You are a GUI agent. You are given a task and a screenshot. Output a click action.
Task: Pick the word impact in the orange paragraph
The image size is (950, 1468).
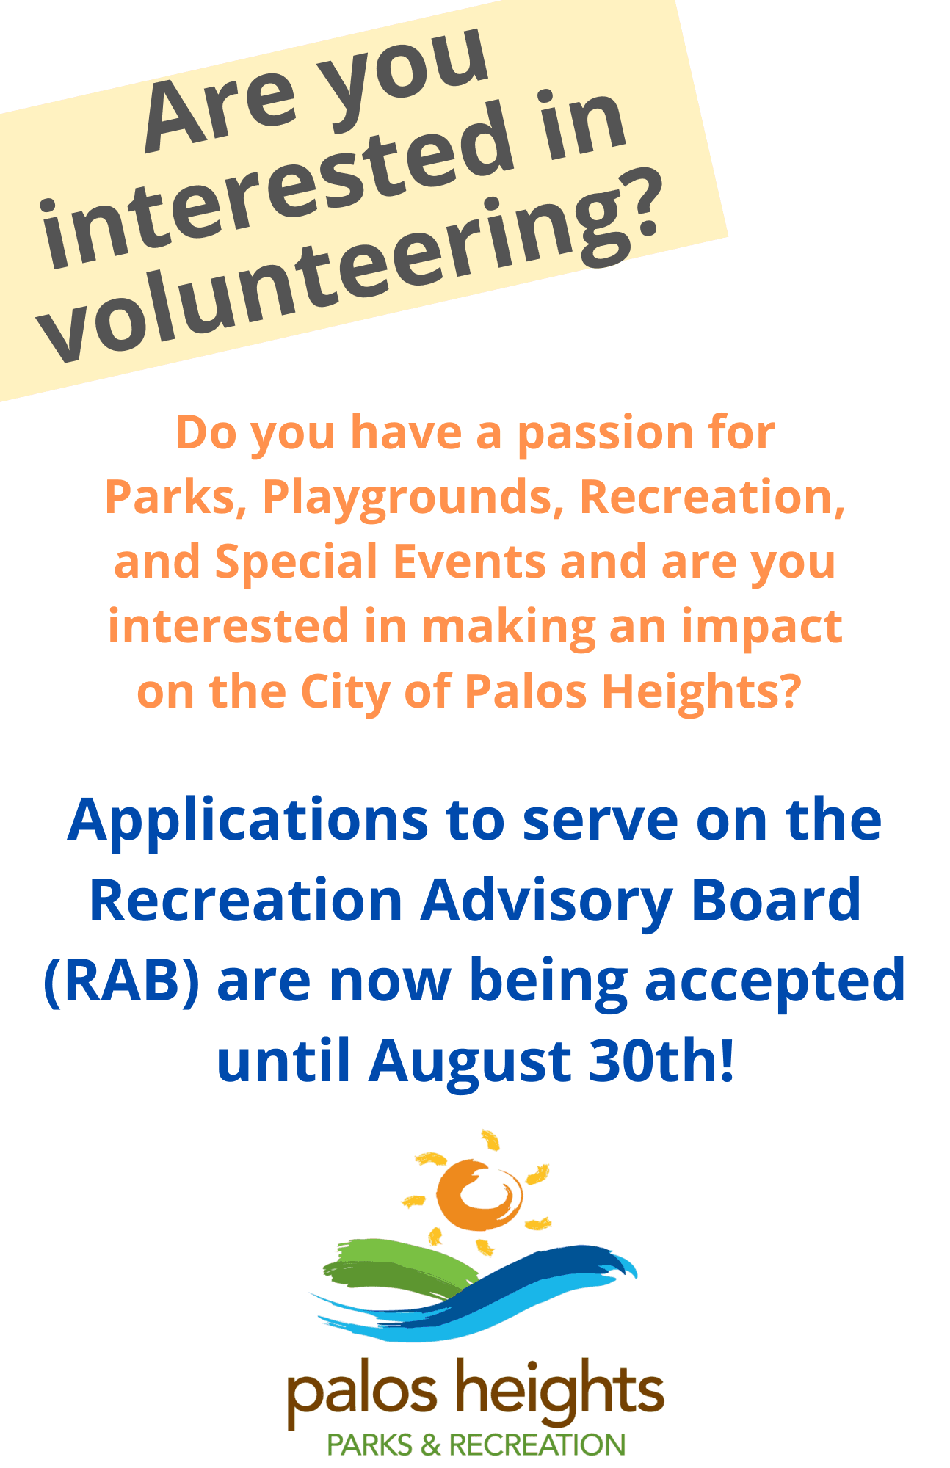[x=761, y=628]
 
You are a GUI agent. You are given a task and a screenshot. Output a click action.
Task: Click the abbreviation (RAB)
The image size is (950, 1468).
[x=121, y=982]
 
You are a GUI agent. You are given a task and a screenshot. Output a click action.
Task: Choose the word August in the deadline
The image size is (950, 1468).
[x=470, y=1063]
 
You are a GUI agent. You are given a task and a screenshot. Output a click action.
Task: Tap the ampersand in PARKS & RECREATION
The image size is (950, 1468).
[x=430, y=1445]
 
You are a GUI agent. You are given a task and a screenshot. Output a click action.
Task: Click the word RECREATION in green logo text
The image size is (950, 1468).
[x=537, y=1445]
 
